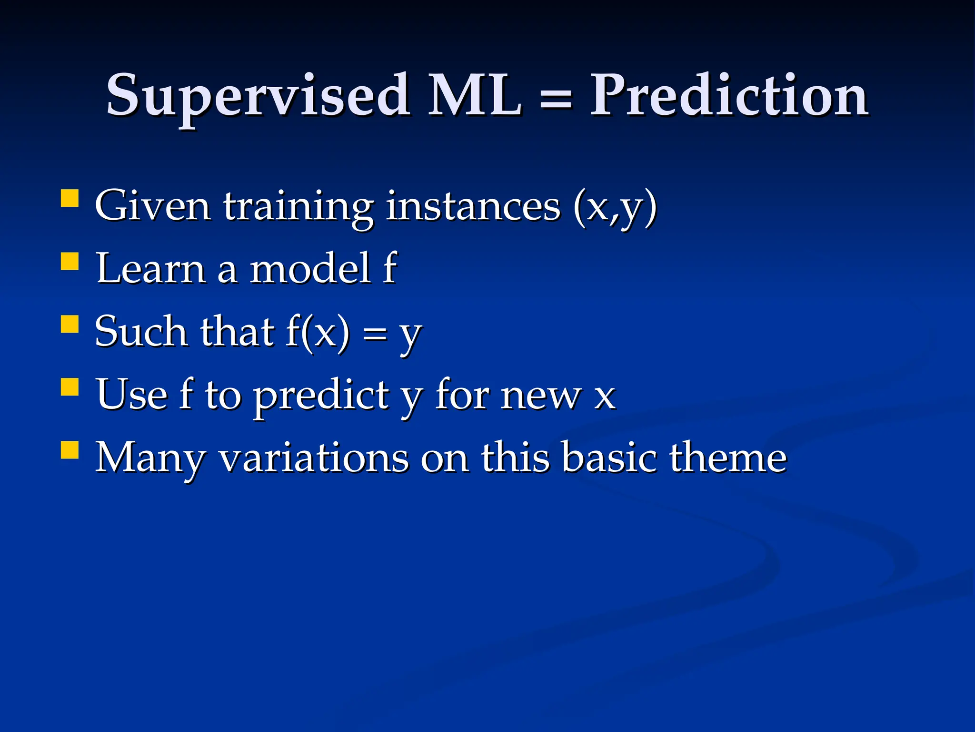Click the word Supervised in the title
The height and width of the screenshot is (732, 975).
pyautogui.click(x=257, y=95)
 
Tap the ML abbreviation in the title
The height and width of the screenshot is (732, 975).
pyautogui.click(x=474, y=95)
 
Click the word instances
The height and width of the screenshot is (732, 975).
pyautogui.click(x=473, y=206)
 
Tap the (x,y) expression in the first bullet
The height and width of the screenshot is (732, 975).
pyautogui.click(x=615, y=207)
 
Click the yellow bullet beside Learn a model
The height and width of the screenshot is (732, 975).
pyautogui.click(x=70, y=261)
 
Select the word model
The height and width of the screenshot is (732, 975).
pyautogui.click(x=310, y=268)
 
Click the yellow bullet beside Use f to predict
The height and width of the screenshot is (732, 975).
pyautogui.click(x=70, y=387)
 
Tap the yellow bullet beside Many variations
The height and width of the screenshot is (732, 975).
pyautogui.click(x=70, y=450)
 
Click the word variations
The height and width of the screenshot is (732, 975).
pyautogui.click(x=314, y=457)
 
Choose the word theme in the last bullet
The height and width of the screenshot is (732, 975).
pyautogui.click(x=728, y=457)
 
